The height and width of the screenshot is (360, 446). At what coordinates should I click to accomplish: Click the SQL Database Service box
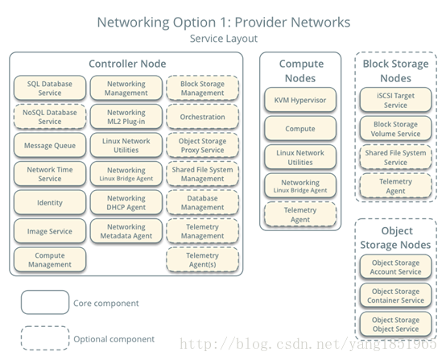(x=50, y=88)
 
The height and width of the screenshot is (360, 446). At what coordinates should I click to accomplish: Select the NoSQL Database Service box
(x=50, y=117)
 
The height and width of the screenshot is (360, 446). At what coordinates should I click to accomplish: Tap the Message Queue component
(x=50, y=145)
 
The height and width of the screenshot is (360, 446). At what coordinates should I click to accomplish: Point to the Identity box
(x=50, y=202)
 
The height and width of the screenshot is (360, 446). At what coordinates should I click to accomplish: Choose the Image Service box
(x=50, y=231)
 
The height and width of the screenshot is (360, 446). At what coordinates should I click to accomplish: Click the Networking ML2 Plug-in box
(x=126, y=117)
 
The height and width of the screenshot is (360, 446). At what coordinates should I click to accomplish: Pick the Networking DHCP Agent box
(x=126, y=202)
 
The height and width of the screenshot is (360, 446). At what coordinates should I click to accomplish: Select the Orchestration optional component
(x=203, y=117)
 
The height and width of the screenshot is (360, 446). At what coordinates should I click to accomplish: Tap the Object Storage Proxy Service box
(x=203, y=145)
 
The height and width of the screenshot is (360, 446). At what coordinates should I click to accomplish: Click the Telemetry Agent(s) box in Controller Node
(x=203, y=259)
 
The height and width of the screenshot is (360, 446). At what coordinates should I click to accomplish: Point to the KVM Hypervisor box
(x=300, y=100)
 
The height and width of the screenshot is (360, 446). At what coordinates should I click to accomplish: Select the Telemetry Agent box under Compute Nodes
(x=300, y=214)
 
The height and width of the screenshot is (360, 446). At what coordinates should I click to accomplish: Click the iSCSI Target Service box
(x=395, y=100)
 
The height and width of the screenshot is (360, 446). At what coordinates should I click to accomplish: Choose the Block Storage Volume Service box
(x=395, y=129)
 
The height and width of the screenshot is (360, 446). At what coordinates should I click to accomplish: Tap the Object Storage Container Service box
(x=395, y=296)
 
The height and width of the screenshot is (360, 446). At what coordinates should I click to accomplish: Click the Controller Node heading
(x=127, y=64)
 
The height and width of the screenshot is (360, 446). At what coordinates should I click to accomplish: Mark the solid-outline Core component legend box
(x=45, y=302)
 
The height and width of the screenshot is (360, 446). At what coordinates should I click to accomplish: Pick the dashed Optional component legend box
(x=45, y=338)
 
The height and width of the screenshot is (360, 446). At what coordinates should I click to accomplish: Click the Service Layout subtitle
(x=224, y=39)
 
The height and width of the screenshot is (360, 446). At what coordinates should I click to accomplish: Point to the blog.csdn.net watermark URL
(x=308, y=344)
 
